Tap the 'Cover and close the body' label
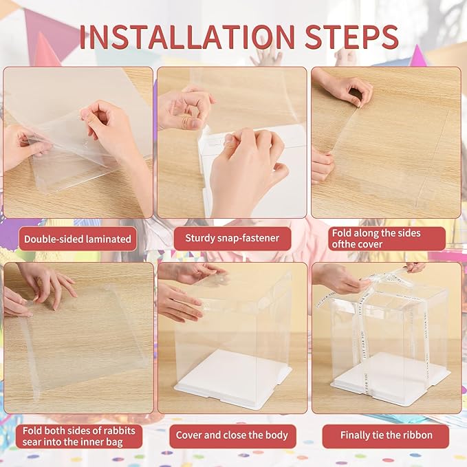pos(232,435)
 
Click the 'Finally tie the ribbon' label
pos(385,435)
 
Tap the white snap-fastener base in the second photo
pos(204,165)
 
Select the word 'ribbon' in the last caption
pos(415,435)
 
